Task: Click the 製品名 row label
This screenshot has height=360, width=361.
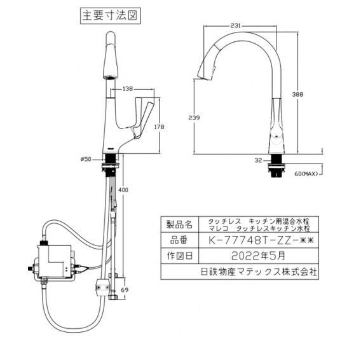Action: [177, 225]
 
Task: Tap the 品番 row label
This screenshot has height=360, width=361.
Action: [177, 241]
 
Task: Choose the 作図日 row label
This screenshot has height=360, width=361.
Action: [177, 256]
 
